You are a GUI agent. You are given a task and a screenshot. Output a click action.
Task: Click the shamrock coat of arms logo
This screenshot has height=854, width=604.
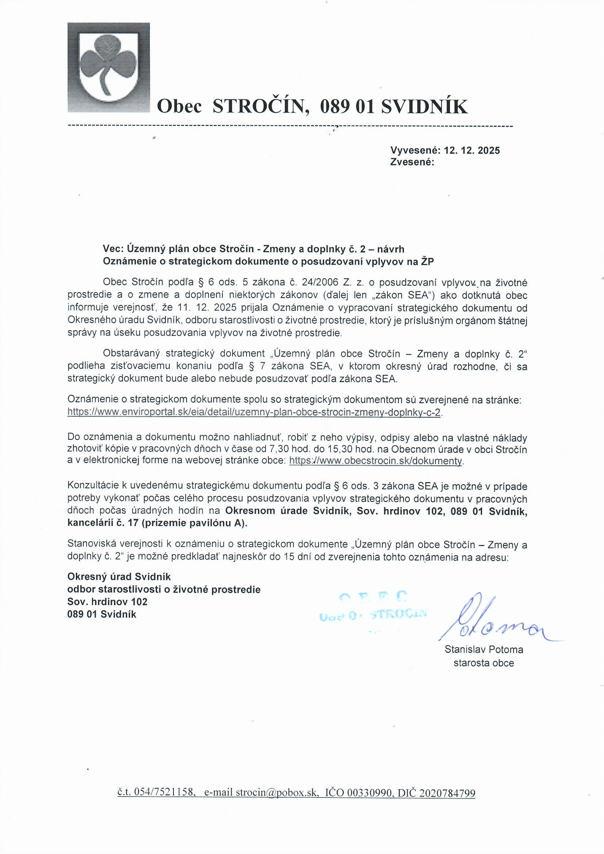108,67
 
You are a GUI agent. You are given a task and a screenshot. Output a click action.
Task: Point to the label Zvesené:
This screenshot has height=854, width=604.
412,162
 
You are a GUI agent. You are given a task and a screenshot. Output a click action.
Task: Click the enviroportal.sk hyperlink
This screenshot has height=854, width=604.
254,413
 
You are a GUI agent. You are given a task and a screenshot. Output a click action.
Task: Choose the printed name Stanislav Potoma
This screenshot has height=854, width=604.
484,650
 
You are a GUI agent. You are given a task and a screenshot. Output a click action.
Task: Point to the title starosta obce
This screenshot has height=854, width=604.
484,663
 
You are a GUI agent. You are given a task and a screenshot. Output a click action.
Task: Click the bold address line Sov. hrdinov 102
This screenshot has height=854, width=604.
107,602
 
